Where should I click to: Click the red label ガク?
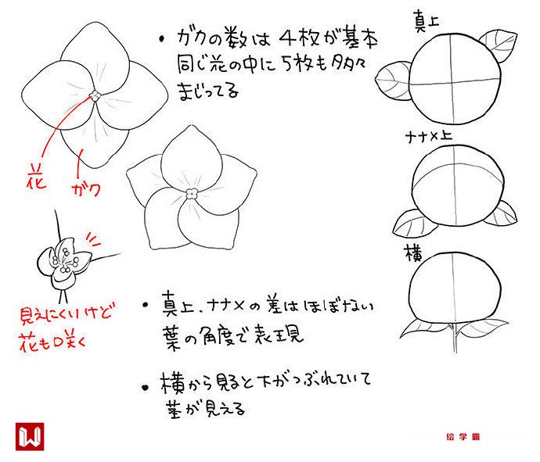86,189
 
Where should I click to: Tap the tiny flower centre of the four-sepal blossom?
95,95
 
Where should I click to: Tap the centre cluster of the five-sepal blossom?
192,195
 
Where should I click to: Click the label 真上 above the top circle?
427,21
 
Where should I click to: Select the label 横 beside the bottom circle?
414,253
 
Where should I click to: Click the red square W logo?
30,436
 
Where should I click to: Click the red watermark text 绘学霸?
463,437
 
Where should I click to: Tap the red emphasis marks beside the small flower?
93,240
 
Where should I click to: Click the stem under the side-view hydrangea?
455,338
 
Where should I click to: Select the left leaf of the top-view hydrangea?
393,81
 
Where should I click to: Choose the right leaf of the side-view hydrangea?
484,328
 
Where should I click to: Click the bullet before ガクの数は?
162,39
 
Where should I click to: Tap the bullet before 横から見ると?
146,388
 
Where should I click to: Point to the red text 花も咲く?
52,342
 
